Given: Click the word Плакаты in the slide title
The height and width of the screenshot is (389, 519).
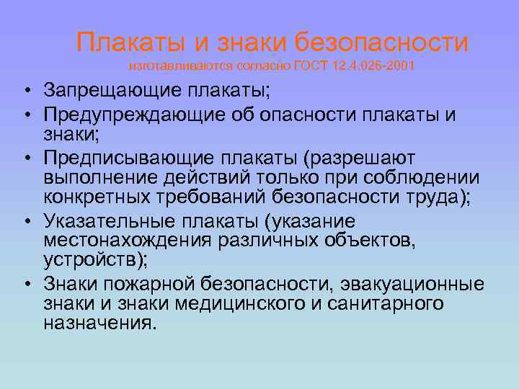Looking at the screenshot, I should click(127, 43).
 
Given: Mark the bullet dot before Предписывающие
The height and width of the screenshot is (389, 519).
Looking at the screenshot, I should click(25, 158).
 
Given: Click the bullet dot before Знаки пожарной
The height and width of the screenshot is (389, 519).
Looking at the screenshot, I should click(25, 284).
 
